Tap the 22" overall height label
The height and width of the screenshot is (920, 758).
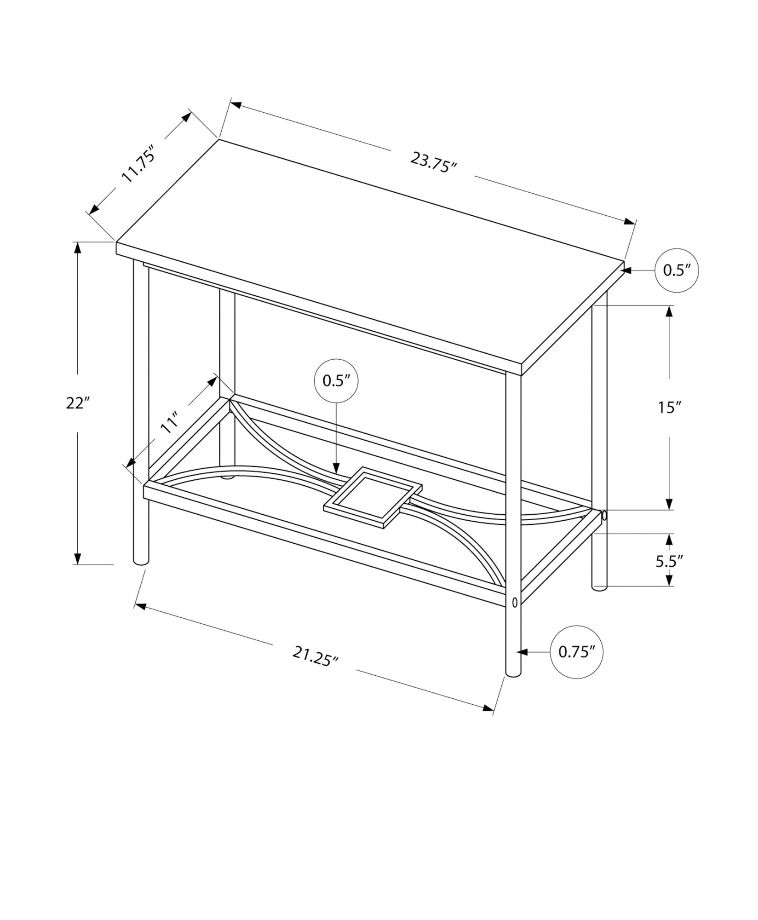point(77,403)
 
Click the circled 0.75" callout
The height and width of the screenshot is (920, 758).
point(576,652)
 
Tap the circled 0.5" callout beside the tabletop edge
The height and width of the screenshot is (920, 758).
point(677,270)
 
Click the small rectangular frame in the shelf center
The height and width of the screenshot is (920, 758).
point(373,497)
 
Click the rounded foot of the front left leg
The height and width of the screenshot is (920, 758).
point(141,561)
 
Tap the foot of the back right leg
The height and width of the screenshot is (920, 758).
point(599,587)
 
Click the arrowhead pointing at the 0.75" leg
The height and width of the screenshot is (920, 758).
point(522,652)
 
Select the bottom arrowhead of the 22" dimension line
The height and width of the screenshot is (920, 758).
point(78,558)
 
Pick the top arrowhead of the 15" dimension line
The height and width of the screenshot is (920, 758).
point(669,311)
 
